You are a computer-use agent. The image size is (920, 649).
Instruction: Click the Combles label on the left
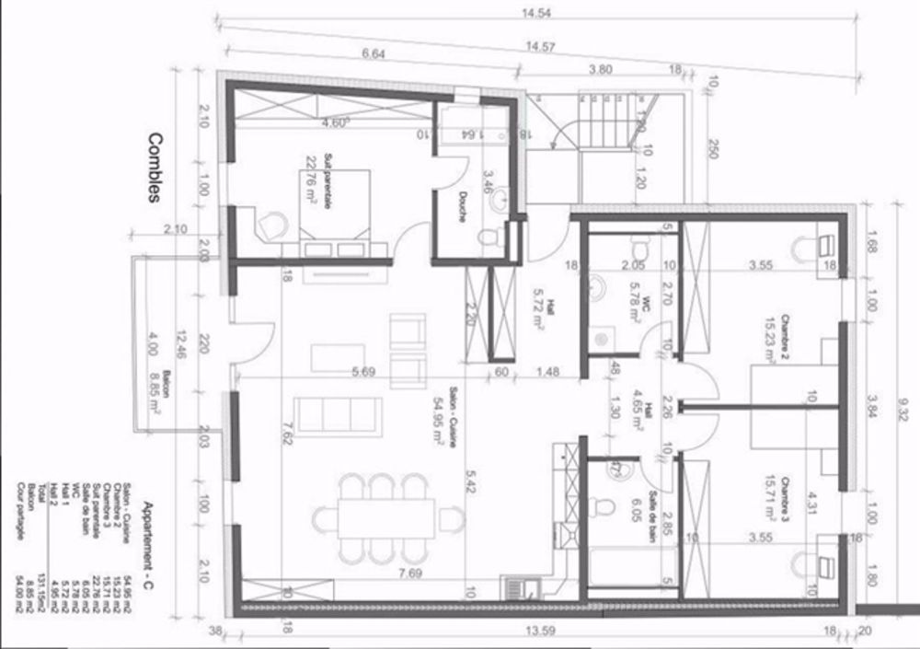pos(155,166)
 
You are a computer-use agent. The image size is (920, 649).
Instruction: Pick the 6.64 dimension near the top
pos(374,54)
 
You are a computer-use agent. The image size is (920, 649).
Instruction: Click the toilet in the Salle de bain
pos(603,507)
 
